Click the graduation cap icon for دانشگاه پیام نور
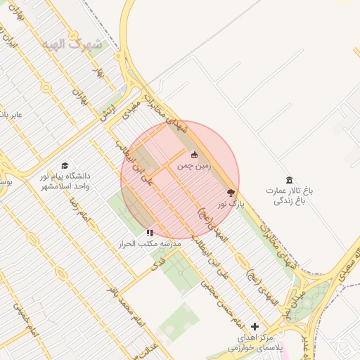(65, 165)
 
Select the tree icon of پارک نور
(231, 192)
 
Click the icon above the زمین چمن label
(195, 155)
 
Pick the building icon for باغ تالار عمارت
(288, 180)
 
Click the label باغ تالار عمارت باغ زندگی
(288, 195)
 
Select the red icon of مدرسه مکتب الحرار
(149, 232)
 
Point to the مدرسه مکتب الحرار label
(152, 243)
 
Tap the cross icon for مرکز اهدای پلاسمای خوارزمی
(255, 326)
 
